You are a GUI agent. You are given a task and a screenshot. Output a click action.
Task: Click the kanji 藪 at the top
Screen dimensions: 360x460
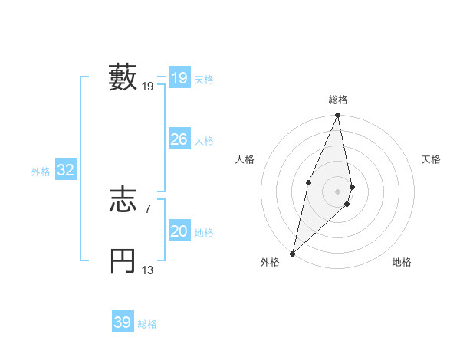(123, 77)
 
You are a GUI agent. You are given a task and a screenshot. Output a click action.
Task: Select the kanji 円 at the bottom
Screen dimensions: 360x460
(123, 262)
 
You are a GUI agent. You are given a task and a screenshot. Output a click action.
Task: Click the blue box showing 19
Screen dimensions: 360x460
(179, 78)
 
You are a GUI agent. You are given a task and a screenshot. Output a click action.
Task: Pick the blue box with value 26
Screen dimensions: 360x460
(179, 139)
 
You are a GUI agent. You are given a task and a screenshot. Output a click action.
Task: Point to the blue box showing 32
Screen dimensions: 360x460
(65, 170)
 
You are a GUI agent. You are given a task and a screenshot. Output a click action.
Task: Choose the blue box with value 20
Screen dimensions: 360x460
(179, 231)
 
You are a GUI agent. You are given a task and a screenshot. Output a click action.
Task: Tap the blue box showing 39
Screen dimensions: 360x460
(122, 322)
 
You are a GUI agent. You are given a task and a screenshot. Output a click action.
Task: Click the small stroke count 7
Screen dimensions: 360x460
(148, 208)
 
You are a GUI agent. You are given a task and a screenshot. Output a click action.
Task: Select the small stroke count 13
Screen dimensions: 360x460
(148, 270)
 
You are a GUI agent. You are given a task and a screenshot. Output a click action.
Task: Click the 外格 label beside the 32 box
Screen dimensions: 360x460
(41, 172)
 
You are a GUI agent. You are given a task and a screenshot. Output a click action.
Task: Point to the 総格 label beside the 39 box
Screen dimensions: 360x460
(147, 324)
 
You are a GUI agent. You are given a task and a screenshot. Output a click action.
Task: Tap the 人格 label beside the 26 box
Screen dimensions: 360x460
(204, 141)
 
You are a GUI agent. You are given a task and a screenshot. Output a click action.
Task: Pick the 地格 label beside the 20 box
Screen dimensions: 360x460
(204, 233)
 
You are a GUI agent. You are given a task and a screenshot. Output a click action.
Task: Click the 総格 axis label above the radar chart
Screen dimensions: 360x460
(338, 100)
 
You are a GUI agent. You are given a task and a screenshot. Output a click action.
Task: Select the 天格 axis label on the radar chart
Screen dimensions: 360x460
(432, 159)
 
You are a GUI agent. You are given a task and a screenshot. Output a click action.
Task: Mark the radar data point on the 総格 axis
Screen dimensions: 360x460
(338, 116)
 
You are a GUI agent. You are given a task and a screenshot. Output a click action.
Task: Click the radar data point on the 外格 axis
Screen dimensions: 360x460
(292, 253)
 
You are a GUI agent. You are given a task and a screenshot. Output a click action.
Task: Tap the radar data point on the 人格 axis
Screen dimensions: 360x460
(308, 182)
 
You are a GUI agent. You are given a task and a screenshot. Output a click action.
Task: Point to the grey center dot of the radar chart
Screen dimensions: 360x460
(338, 191)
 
